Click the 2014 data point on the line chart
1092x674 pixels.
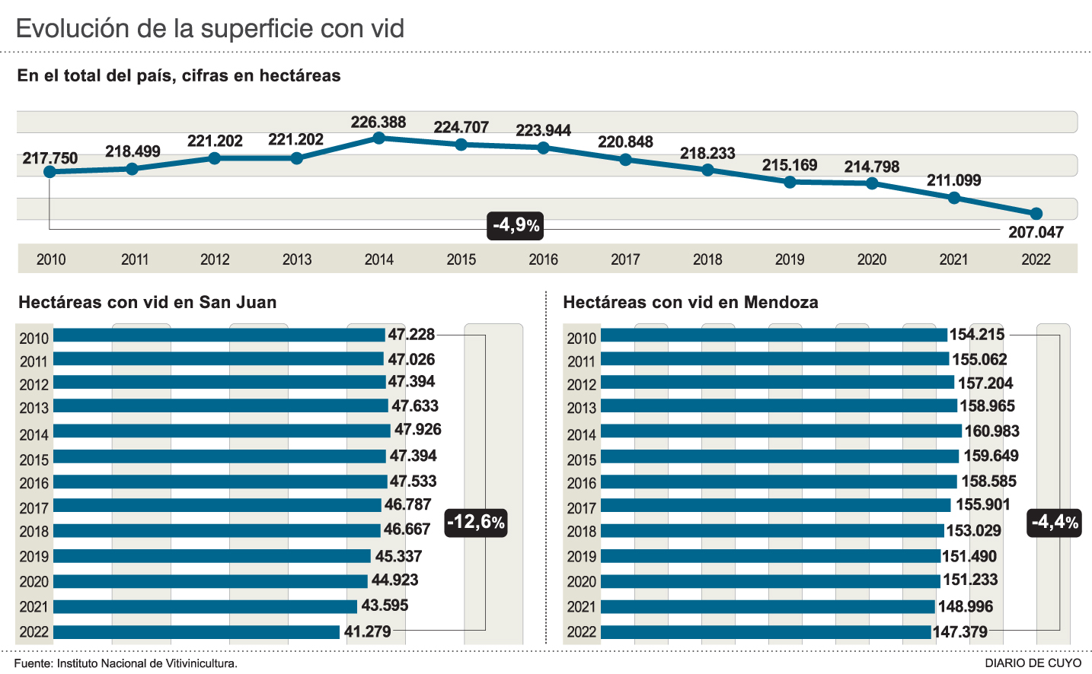pyautogui.click(x=379, y=138)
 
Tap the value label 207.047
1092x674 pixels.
pyautogui.click(x=1036, y=232)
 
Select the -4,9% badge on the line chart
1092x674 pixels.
pyautogui.click(x=516, y=225)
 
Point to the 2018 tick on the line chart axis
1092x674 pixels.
pyautogui.click(x=707, y=259)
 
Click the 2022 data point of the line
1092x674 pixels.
pyautogui.click(x=1036, y=214)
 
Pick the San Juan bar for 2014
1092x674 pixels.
pyautogui.click(x=222, y=431)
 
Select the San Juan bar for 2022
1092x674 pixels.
pyautogui.click(x=196, y=631)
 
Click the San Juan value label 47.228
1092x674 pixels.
pyautogui.click(x=411, y=335)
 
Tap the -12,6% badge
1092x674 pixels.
pyautogui.click(x=476, y=522)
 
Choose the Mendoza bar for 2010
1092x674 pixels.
pyautogui.click(x=774, y=335)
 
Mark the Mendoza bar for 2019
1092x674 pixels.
pyautogui.click(x=771, y=556)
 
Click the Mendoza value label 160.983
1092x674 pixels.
pyautogui.click(x=991, y=431)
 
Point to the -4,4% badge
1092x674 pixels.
pyautogui.click(x=1054, y=522)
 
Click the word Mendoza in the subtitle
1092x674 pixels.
pyautogui.click(x=781, y=302)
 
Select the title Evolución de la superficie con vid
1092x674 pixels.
pyautogui.click(x=209, y=29)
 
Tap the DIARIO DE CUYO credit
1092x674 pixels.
pyautogui.click(x=1033, y=663)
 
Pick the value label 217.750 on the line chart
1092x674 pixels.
pyautogui.click(x=50, y=158)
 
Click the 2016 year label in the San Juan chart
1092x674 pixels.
pyautogui.click(x=34, y=483)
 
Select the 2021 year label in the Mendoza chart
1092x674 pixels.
pyautogui.click(x=582, y=607)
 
